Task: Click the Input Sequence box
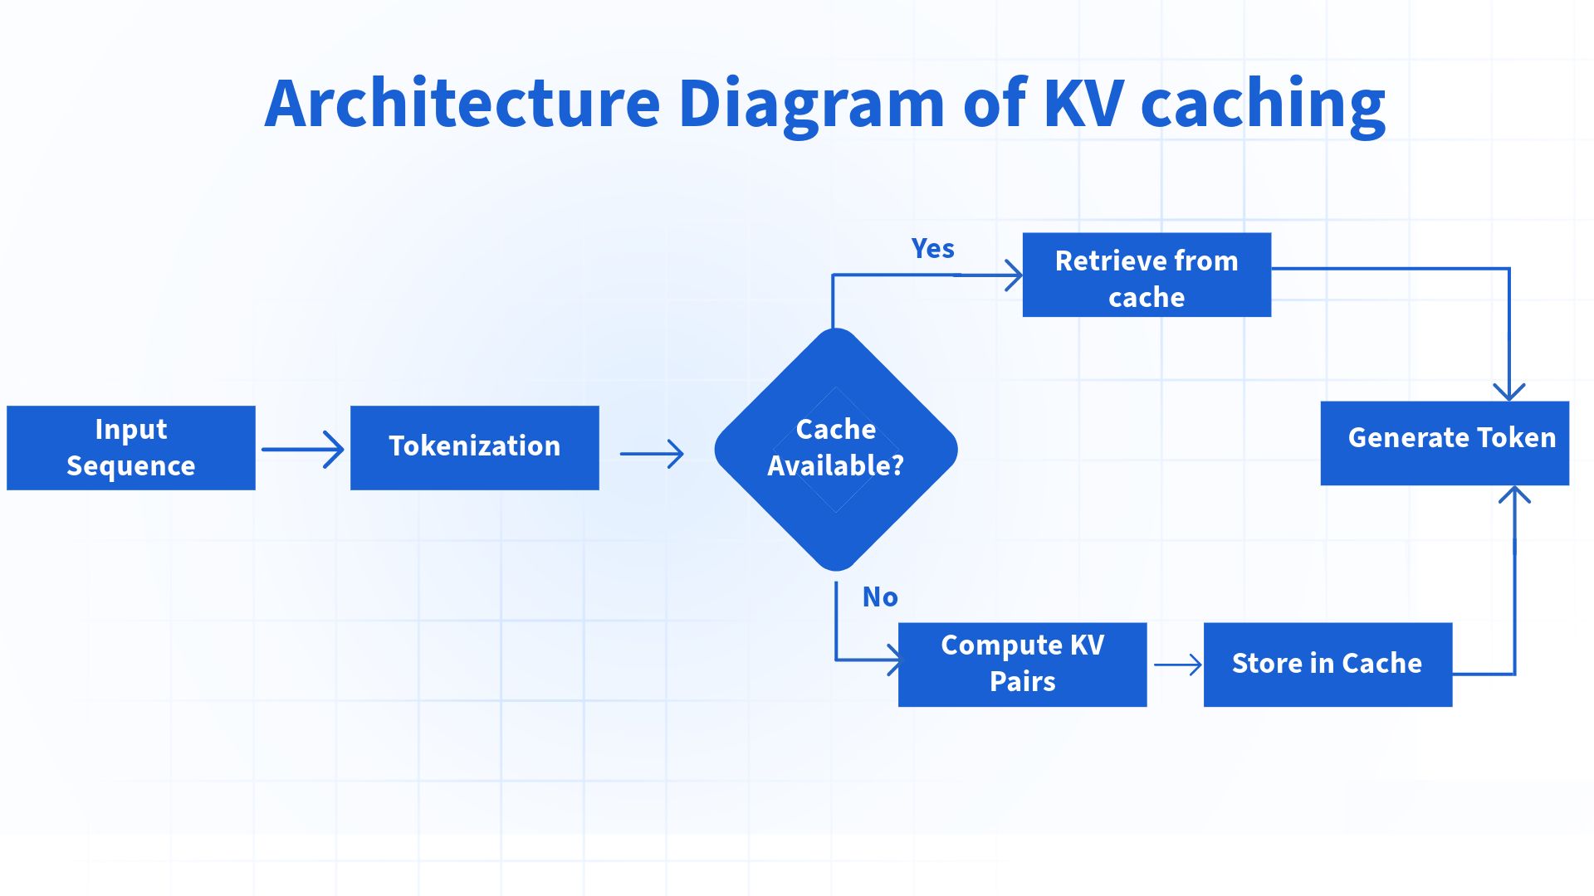[131, 448]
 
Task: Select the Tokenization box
[474, 448]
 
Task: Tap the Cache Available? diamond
[836, 449]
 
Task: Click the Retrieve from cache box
[1147, 275]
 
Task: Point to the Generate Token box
[1445, 443]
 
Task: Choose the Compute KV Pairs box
[1022, 665]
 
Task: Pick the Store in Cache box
[1328, 665]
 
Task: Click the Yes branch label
[932, 248]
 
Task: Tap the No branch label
[879, 597]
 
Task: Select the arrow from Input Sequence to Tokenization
[303, 450]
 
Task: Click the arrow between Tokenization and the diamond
[652, 454]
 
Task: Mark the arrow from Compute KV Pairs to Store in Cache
[1177, 665]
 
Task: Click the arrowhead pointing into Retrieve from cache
[1014, 275]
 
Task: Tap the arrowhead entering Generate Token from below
[1514, 495]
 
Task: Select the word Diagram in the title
[811, 104]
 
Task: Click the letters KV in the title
[1083, 104]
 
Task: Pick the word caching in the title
[1263, 104]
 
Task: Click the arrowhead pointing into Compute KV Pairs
[893, 660]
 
